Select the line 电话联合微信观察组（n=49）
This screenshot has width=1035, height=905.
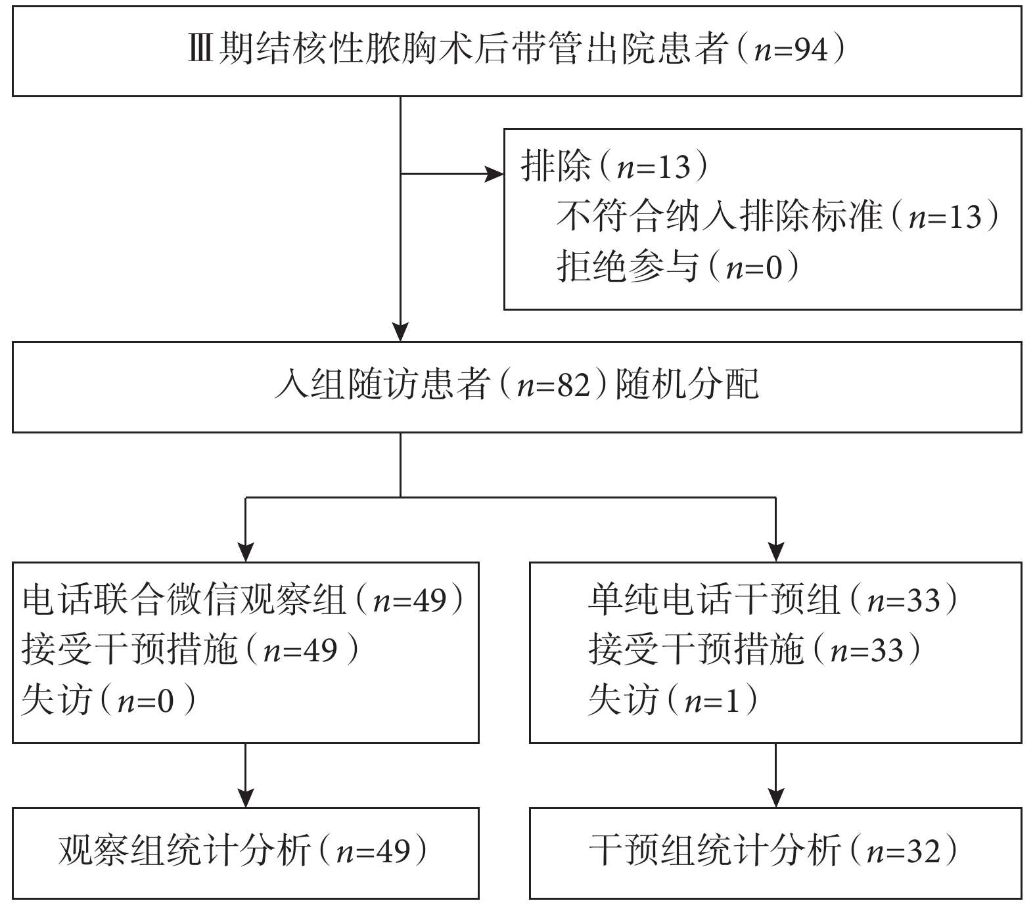coord(244,600)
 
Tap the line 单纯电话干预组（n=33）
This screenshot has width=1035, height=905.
coord(773,600)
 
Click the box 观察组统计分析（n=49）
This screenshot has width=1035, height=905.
coord(246,853)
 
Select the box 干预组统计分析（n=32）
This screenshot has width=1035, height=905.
coord(775,853)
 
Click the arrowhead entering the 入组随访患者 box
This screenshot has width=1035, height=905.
coord(400,332)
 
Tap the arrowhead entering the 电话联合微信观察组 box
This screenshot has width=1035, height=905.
coord(246,552)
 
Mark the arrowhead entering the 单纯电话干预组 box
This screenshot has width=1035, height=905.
coord(776,552)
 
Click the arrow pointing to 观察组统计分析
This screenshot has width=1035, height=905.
coord(246,776)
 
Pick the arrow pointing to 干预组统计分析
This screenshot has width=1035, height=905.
coord(776,776)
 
